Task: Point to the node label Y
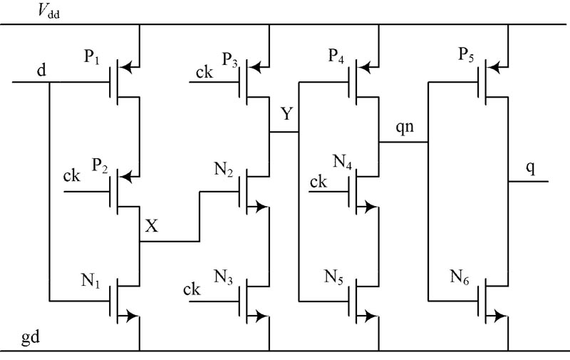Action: tap(286, 114)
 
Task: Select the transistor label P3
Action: tap(230, 59)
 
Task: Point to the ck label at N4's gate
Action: tap(318, 182)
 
